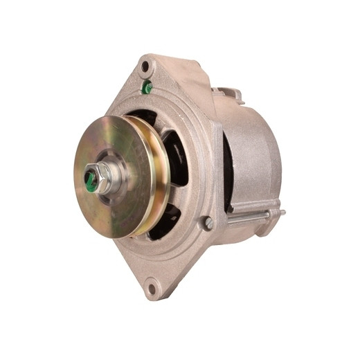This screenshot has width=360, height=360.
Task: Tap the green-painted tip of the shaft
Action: pos(90,179)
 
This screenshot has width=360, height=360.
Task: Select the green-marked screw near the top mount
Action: pos(147,87)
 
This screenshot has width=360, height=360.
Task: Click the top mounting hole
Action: pos(145,67)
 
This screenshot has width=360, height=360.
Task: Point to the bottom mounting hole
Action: pos(152,289)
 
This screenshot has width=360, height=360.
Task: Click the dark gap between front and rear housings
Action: pos(228,173)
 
